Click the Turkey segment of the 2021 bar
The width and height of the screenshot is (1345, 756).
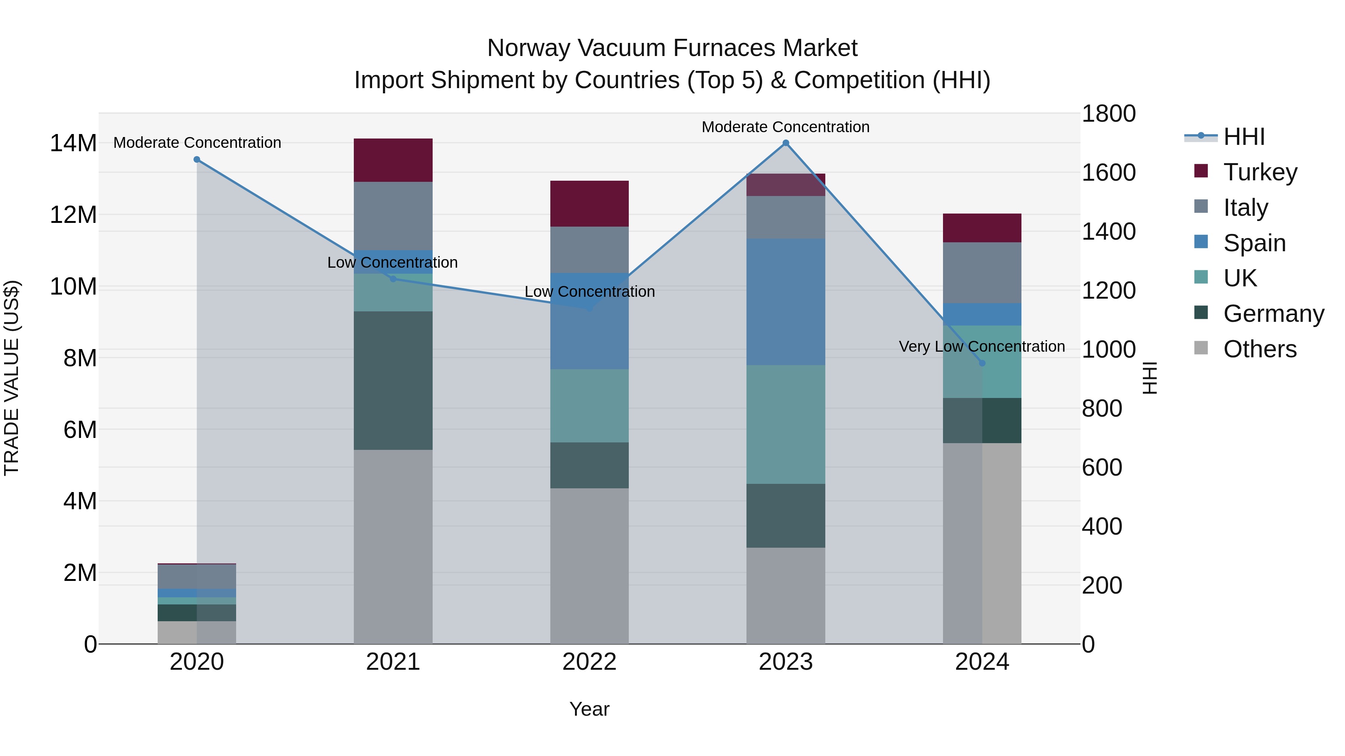393,160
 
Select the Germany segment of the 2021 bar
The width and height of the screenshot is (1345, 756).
393,380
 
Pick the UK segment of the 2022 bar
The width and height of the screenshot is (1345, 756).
590,406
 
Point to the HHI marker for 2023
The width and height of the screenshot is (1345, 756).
786,143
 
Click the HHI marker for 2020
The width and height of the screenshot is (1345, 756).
197,160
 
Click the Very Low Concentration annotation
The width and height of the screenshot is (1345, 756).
981,346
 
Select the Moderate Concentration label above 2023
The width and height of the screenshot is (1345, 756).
785,127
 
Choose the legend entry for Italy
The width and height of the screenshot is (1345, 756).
1245,208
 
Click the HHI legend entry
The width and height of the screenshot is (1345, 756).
1244,137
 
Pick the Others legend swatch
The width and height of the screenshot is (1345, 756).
1201,348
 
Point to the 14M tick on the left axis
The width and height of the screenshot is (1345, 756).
73,143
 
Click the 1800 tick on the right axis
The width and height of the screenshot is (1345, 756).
1109,114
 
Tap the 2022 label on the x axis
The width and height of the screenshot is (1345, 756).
590,662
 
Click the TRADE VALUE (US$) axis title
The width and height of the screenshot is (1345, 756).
12,378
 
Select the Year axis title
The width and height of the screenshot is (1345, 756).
590,709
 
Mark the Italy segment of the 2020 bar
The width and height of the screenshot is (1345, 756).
197,576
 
